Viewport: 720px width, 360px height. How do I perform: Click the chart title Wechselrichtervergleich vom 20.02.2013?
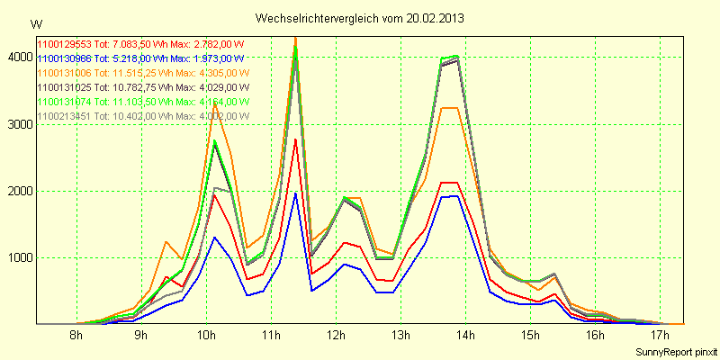pyautogui.click(x=359, y=18)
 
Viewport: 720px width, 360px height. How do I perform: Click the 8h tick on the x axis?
pyautogui.click(x=76, y=336)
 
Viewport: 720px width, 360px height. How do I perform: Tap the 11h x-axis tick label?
pyautogui.click(x=271, y=336)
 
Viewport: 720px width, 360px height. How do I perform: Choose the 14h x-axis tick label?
pyautogui.click(x=465, y=336)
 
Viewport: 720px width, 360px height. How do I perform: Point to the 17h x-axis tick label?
pyautogui.click(x=660, y=336)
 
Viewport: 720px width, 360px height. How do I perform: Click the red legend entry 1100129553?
pyautogui.click(x=141, y=43)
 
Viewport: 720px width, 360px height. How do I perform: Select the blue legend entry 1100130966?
pyautogui.click(x=141, y=58)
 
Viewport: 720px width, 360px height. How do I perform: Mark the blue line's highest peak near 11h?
pyautogui.click(x=295, y=193)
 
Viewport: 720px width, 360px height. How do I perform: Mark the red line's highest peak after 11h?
pyautogui.click(x=295, y=139)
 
